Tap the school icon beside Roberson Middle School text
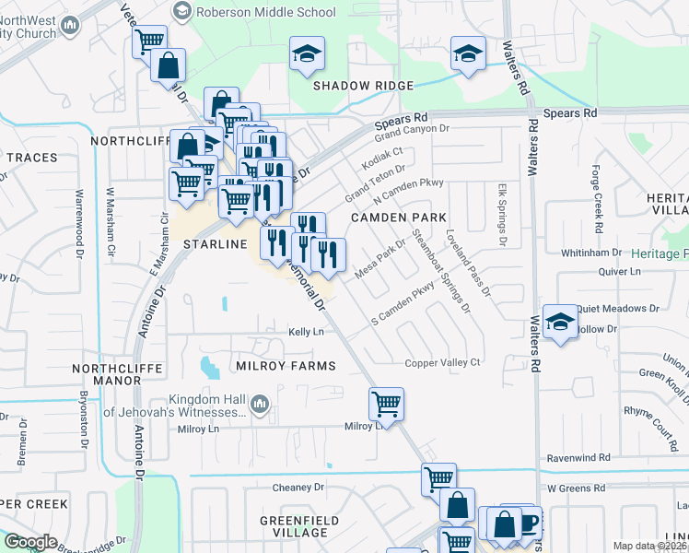(181, 12)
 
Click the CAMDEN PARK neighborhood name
(398, 218)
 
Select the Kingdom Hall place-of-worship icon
(261, 403)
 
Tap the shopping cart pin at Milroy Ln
(386, 403)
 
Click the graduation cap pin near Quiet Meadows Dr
(559, 321)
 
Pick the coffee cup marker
(528, 521)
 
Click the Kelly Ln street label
(306, 332)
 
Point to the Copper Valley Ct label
(443, 363)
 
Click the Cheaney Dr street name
(298, 487)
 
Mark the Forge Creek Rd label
(598, 199)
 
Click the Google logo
(29, 542)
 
